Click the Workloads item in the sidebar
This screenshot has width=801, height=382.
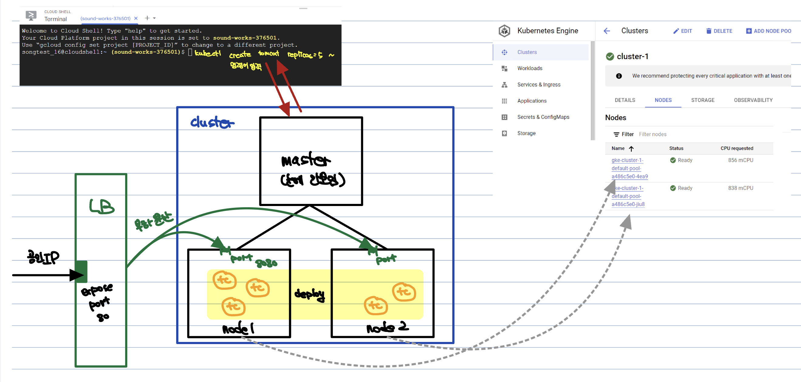529,68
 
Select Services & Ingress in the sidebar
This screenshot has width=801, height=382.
539,84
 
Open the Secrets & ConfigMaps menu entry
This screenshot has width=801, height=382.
543,117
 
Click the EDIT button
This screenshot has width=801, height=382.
683,31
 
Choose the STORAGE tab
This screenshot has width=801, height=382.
702,100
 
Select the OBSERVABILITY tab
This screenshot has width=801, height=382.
753,100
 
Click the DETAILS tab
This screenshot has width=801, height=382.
625,100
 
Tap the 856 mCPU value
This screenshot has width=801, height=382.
740,160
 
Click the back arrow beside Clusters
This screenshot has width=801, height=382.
607,31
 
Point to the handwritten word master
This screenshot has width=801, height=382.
305,160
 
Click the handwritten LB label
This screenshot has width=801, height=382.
102,206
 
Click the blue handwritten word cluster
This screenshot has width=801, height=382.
212,122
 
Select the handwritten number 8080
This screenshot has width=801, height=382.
266,263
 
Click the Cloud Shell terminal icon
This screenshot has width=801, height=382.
31,15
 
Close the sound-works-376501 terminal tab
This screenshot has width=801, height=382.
136,18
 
